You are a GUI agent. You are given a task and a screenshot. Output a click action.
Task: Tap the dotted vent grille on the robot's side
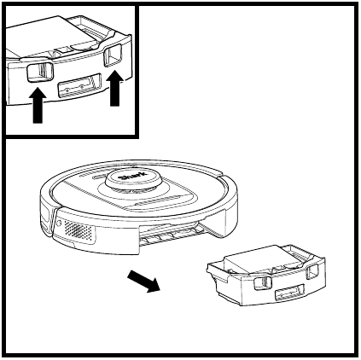click(76, 229)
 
